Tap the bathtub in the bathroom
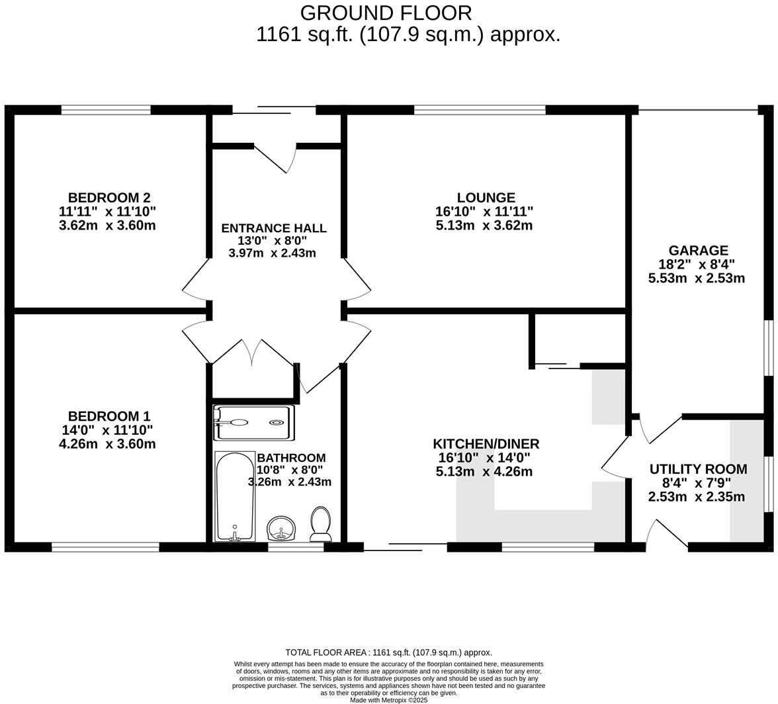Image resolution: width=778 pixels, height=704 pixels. [235, 496]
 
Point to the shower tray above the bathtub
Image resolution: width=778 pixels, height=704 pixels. [253, 423]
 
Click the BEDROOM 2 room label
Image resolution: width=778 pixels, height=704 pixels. [109, 197]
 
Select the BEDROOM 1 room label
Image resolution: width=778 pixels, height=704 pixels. [109, 416]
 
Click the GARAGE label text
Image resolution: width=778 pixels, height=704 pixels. [698, 250]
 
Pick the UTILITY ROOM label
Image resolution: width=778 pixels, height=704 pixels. [698, 469]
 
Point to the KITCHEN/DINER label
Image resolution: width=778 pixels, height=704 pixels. [486, 443]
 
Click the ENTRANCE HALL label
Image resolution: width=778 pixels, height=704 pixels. [273, 228]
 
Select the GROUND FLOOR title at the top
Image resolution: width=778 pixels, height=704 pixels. [386, 13]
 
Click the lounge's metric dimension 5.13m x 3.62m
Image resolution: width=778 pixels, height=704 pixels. [484, 226]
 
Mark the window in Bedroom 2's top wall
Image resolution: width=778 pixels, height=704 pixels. [106, 110]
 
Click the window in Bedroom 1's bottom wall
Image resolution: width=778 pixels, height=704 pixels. [105, 547]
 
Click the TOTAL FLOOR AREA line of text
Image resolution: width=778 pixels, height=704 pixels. [388, 652]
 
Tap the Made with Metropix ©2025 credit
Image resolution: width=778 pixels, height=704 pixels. [388, 700]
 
